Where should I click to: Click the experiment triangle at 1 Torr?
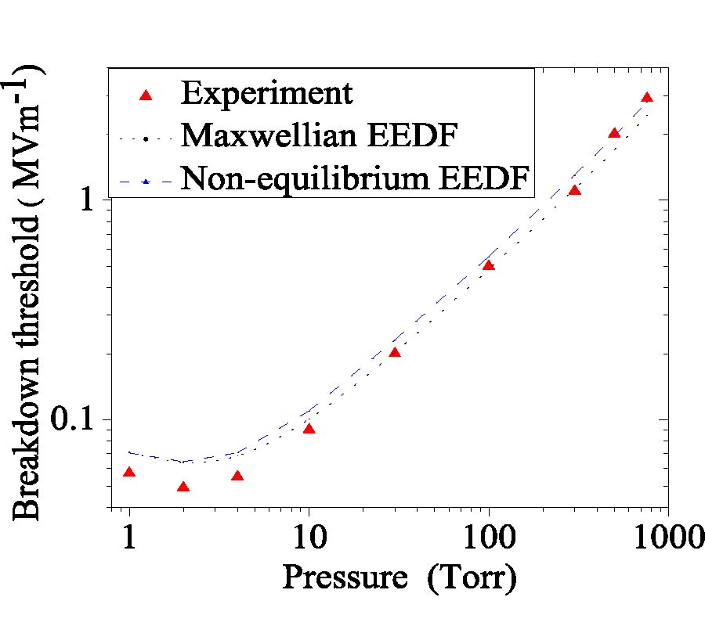pyautogui.click(x=129, y=472)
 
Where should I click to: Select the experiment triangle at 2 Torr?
pyautogui.click(x=183, y=487)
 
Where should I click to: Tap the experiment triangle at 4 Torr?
pyautogui.click(x=237, y=476)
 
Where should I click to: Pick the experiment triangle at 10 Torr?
pyautogui.click(x=309, y=429)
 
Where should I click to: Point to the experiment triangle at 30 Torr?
pyautogui.click(x=395, y=352)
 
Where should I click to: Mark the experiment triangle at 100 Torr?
pyautogui.click(x=489, y=265)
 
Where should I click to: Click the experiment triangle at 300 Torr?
pyautogui.click(x=574, y=190)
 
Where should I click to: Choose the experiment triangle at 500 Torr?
pyautogui.click(x=614, y=133)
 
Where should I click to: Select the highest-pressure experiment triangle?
pyautogui.click(x=647, y=97)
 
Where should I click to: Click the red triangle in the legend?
pyautogui.click(x=144, y=95)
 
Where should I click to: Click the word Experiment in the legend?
pyautogui.click(x=266, y=94)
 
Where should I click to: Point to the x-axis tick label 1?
pyautogui.click(x=129, y=538)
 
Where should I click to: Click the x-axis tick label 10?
pyautogui.click(x=309, y=538)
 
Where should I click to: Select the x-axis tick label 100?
pyautogui.click(x=489, y=538)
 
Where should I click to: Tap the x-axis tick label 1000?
pyautogui.click(x=667, y=538)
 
